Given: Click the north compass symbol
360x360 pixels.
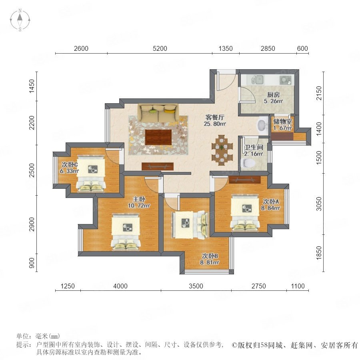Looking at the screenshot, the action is pyautogui.click(x=20, y=20).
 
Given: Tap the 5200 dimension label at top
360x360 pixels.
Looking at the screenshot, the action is pyautogui.click(x=160, y=49).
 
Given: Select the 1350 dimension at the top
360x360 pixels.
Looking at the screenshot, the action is pyautogui.click(x=226, y=49).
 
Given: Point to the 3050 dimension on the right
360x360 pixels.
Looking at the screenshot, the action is pyautogui.click(x=319, y=204).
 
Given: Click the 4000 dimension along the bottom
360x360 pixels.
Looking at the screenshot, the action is pyautogui.click(x=120, y=286).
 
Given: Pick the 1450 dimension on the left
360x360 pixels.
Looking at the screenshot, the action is pyautogui.click(x=32, y=86).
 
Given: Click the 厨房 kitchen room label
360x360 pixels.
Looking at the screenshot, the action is pyautogui.click(x=273, y=94).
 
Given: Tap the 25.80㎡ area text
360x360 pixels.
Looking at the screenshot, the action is pyautogui.click(x=215, y=124).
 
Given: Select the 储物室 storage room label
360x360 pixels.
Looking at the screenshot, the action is pyautogui.click(x=282, y=122).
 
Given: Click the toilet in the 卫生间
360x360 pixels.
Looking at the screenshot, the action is pyautogui.click(x=249, y=163).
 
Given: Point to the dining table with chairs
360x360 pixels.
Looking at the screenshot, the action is pyautogui.click(x=222, y=150).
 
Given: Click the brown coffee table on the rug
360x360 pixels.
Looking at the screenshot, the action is pyautogui.click(x=158, y=137).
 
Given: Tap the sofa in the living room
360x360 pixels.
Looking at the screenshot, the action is pyautogui.click(x=158, y=113).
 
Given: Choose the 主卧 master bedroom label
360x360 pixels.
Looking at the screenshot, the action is pyautogui.click(x=139, y=199).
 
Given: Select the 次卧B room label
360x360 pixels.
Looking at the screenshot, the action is pyautogui.click(x=210, y=256).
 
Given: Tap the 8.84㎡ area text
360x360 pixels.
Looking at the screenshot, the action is pyautogui.click(x=270, y=208).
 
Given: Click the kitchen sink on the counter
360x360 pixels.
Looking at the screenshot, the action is pyautogui.click(x=258, y=80).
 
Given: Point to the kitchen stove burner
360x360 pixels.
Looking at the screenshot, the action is pyautogui.click(x=286, y=80).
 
